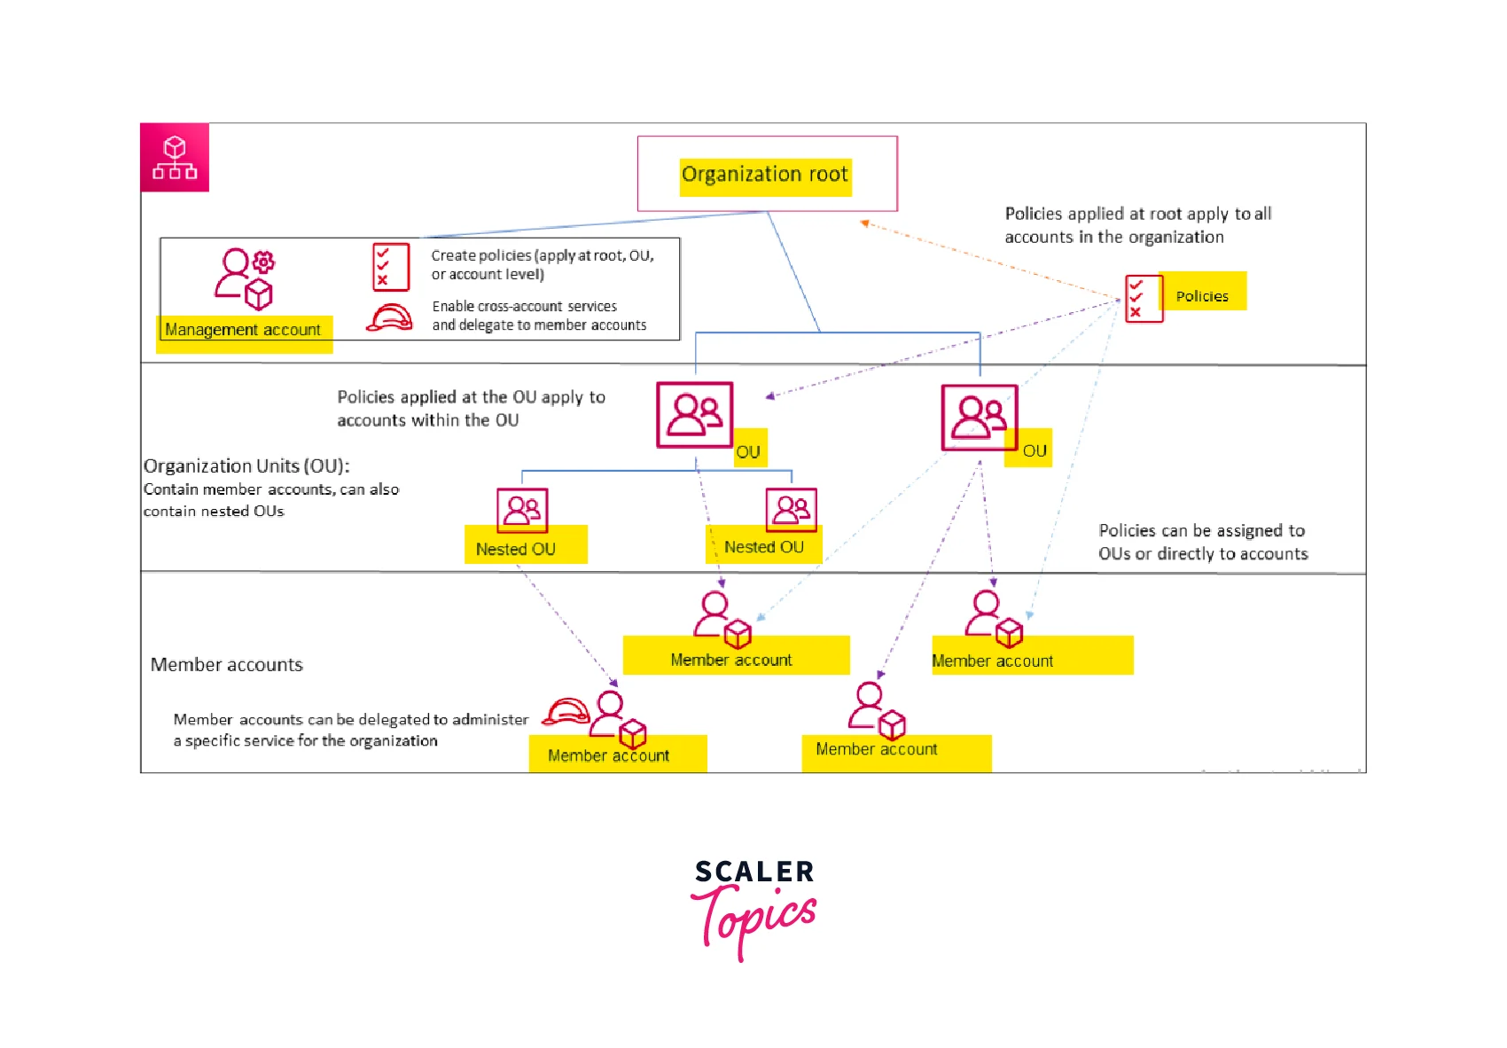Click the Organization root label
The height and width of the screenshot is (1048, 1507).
[765, 175]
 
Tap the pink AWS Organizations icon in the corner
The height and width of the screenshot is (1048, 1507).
[175, 158]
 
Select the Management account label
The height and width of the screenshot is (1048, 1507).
[243, 330]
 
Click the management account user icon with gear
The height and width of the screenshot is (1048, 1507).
[244, 278]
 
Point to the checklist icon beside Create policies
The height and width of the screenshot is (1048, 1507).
[391, 267]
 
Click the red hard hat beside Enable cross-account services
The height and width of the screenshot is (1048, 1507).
[389, 317]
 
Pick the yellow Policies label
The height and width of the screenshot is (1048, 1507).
[1201, 296]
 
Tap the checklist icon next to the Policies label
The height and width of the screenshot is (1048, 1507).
[1143, 299]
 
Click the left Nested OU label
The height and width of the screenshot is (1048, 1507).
[516, 549]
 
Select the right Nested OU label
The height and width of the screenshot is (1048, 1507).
[764, 547]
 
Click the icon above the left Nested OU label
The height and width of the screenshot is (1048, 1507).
[522, 510]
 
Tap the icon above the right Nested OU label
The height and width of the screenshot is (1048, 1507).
[792, 509]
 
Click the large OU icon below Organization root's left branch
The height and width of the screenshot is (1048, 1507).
[694, 415]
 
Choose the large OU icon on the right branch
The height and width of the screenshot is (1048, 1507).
[979, 417]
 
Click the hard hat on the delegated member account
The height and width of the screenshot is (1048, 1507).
[566, 712]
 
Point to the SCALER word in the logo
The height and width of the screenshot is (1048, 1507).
[754, 872]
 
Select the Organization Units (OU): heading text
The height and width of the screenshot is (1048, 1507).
[246, 466]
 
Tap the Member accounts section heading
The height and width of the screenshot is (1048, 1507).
[227, 665]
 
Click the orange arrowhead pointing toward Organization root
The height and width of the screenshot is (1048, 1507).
[864, 223]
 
